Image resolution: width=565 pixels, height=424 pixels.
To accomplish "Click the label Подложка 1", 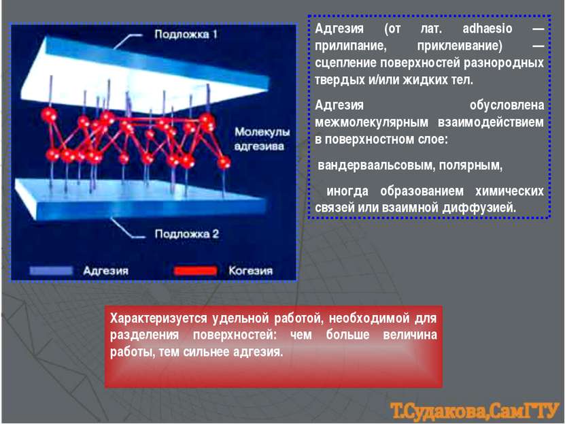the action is click(186, 35).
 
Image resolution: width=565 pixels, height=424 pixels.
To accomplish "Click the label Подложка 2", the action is click(187, 234).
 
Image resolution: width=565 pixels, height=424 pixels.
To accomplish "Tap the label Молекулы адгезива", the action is click(262, 139).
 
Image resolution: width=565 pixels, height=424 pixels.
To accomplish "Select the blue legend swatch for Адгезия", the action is click(51, 271).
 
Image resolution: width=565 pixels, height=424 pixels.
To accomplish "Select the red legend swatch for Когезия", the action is click(196, 271).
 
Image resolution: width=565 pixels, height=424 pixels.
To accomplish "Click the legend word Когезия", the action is click(250, 271).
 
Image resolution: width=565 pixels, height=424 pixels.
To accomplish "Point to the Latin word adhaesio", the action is click(487, 29).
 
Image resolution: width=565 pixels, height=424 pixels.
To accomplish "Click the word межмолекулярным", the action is click(371, 123).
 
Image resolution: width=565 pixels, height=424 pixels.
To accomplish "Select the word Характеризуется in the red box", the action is click(158, 319).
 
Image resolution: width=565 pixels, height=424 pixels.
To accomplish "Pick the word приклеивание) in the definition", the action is click(460, 46).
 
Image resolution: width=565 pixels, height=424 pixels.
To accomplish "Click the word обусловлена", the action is click(507, 105).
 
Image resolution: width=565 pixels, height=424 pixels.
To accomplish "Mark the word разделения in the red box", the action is click(145, 336).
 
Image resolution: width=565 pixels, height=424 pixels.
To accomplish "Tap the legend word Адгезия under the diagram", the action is click(105, 271).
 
